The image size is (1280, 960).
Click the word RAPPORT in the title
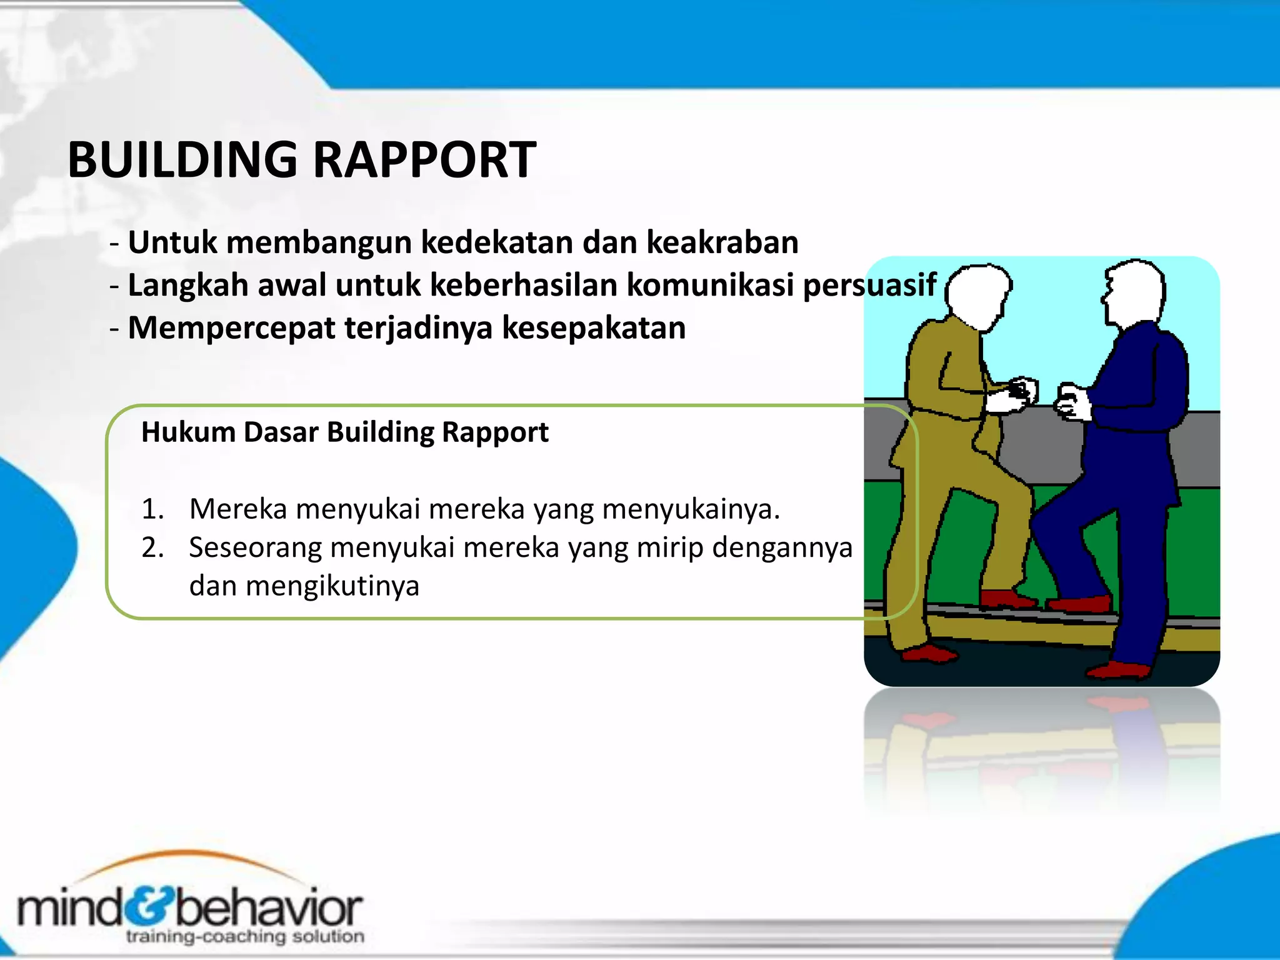click(x=424, y=160)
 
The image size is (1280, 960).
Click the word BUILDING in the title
click(x=182, y=160)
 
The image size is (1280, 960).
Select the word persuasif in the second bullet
click(x=869, y=285)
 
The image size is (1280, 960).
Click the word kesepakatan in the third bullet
click(x=594, y=327)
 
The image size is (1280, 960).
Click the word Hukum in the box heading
click(x=187, y=432)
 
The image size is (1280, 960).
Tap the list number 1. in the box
click(x=152, y=509)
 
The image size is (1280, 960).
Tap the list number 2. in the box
click(x=152, y=548)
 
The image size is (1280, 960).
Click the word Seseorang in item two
click(x=256, y=548)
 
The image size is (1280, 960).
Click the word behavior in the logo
click(x=269, y=909)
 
